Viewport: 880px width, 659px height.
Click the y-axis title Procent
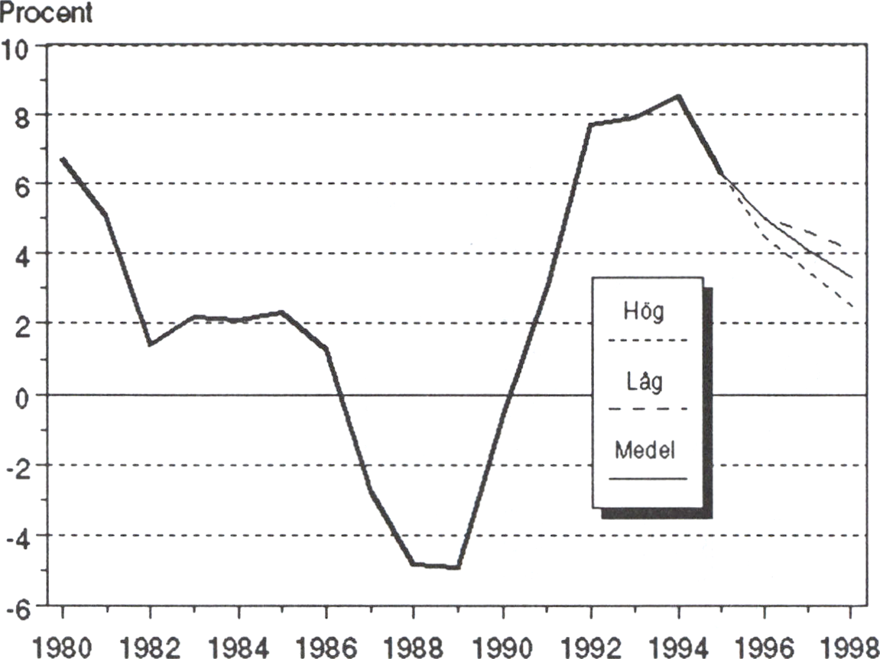(x=47, y=13)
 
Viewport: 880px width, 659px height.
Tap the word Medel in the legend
(x=645, y=451)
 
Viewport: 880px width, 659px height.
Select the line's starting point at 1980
(x=63, y=159)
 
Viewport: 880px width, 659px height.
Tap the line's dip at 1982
(x=151, y=344)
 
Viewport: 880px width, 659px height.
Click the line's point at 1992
(x=591, y=124)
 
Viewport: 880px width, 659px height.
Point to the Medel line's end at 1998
(x=852, y=277)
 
